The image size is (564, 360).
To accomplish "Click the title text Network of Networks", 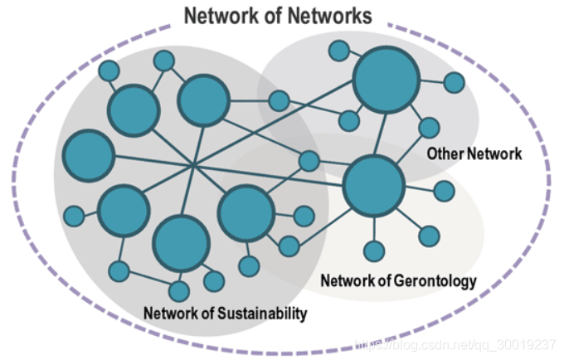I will coord(277,15).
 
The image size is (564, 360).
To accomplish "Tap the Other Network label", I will coord(474,153).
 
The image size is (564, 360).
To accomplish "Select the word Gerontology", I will coord(435,280).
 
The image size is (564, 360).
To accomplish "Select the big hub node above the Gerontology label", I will coord(373,185).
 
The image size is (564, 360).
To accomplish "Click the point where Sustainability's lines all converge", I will coord(193,167).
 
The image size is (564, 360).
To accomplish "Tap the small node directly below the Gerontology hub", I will coord(374,251).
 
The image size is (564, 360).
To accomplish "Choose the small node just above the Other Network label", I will coord(429,128).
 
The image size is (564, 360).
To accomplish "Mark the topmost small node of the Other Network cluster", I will coord(338,51).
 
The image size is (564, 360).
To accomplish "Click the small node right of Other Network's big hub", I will coord(454,83).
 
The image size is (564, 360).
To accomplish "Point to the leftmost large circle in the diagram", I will coord(88,155).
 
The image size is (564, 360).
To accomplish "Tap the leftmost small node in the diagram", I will coord(74,216).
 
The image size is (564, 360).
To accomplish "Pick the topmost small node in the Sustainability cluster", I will coord(164,61).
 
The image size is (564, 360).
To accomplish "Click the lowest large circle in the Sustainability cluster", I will coord(180,244).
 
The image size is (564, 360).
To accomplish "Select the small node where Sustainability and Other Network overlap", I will coord(279,101).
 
